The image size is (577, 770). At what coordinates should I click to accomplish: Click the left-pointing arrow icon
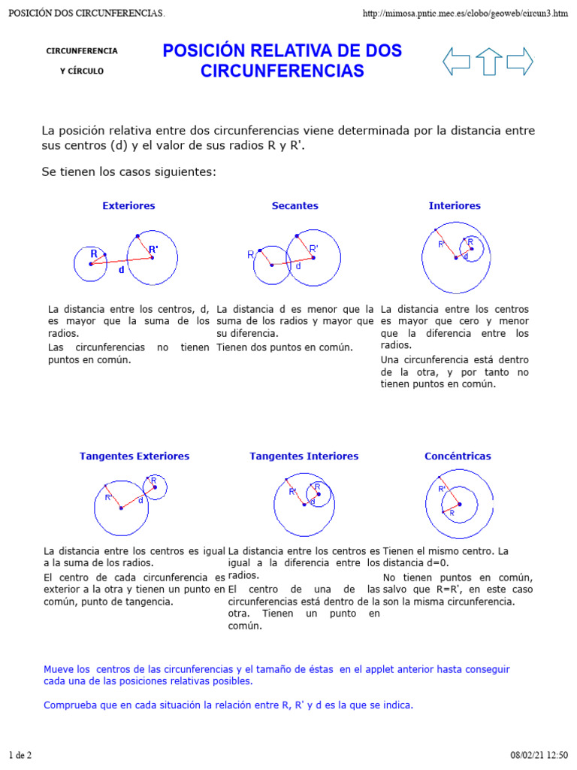pyautogui.click(x=457, y=61)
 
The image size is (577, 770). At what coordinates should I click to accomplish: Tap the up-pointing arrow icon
pyautogui.click(x=489, y=61)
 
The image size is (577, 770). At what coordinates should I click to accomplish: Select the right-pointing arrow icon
pyautogui.click(x=520, y=61)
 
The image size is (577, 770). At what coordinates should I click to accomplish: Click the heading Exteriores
pyautogui.click(x=128, y=205)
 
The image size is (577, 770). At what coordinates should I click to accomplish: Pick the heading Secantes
pyautogui.click(x=295, y=205)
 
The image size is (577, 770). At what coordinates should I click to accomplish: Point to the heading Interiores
pyautogui.click(x=455, y=205)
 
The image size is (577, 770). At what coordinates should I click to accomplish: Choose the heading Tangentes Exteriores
pyautogui.click(x=134, y=456)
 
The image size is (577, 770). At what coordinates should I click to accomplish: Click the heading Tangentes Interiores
pyautogui.click(x=304, y=456)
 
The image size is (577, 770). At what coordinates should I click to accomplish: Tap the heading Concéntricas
pyautogui.click(x=458, y=456)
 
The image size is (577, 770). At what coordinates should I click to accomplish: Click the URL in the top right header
pyautogui.click(x=465, y=14)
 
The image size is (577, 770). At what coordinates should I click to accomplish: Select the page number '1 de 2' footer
pyautogui.click(x=20, y=754)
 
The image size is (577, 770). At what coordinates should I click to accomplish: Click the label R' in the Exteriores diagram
pyautogui.click(x=153, y=249)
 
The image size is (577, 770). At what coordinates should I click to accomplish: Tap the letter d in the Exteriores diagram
pyautogui.click(x=122, y=270)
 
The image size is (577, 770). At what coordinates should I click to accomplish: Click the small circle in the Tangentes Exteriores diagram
pyautogui.click(x=155, y=487)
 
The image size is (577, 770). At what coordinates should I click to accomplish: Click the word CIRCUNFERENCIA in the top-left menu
pyautogui.click(x=82, y=51)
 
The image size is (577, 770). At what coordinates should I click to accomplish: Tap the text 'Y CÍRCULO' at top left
pyautogui.click(x=82, y=71)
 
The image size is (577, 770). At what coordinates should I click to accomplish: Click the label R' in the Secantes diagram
pyautogui.click(x=313, y=248)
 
